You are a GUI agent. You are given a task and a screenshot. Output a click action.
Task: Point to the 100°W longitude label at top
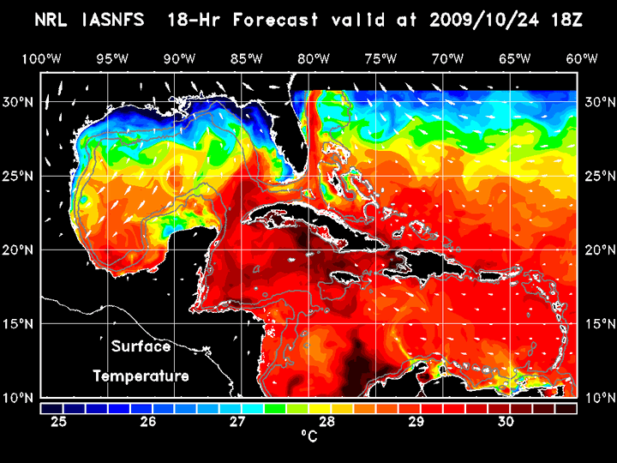tap(41, 58)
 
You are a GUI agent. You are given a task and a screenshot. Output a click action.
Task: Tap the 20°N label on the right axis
tap(598, 250)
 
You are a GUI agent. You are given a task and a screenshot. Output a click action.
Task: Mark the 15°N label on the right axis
tap(598, 324)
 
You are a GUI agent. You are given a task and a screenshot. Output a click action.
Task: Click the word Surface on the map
tap(141, 347)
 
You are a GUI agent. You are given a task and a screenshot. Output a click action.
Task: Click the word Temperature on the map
tap(141, 376)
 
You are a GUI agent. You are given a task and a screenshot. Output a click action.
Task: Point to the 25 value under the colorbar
tap(59, 422)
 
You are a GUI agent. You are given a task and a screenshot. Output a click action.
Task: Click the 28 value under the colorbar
tap(326, 422)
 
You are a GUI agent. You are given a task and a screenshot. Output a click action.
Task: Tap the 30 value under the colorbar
tap(505, 422)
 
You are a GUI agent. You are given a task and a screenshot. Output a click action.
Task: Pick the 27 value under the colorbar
tap(237, 422)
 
